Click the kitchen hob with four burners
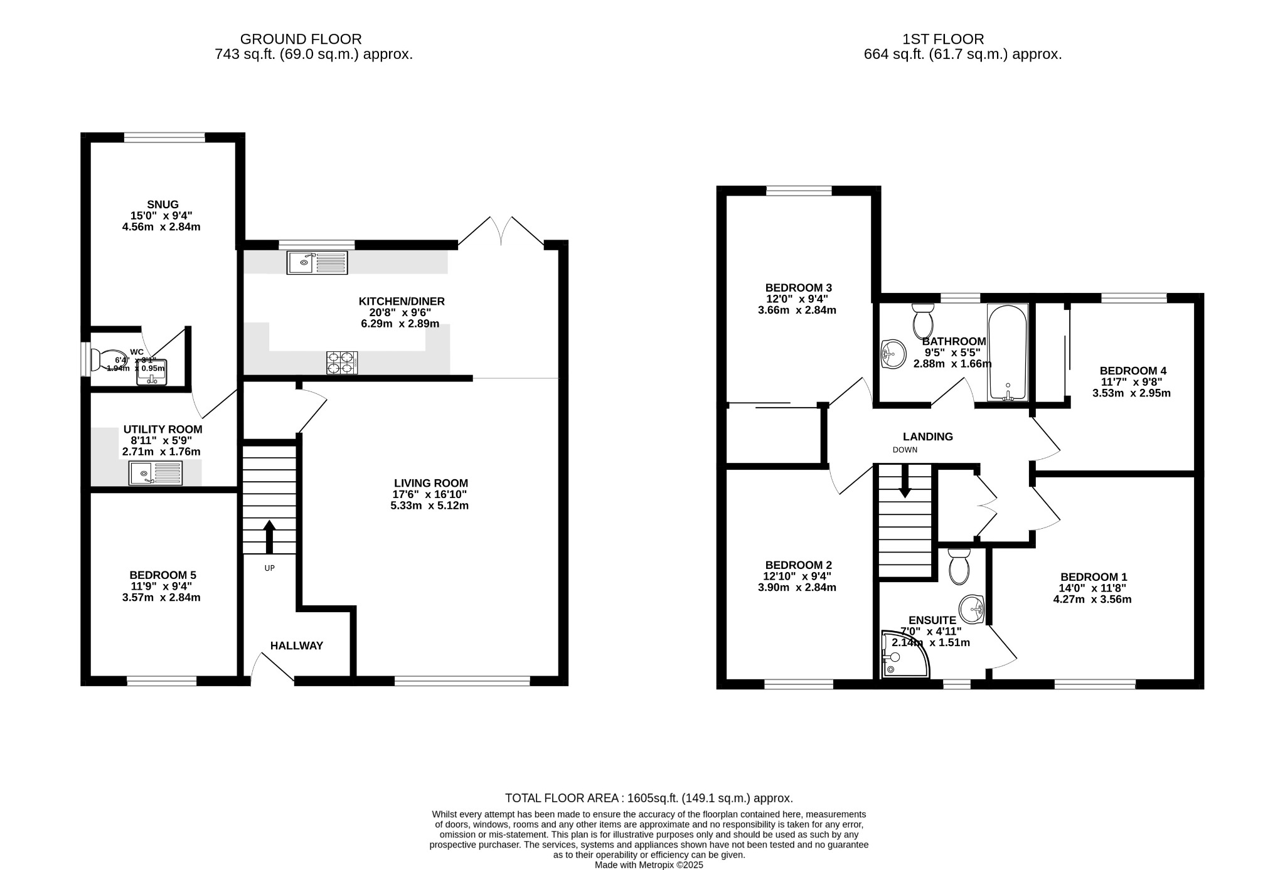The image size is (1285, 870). tap(342, 363)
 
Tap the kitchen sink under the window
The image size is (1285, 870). tap(317, 262)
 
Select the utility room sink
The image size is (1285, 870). tap(156, 473)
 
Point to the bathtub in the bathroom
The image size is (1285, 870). tap(1008, 352)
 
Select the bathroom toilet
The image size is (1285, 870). tap(923, 321)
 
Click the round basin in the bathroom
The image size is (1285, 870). tap(893, 354)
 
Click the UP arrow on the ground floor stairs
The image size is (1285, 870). tap(269, 536)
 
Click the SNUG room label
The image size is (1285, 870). tap(163, 204)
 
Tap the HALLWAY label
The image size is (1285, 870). tap(296, 645)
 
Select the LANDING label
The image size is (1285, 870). tap(927, 437)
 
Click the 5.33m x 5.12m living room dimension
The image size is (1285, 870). tap(429, 506)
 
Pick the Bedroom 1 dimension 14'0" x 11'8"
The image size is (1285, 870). tap(1092, 588)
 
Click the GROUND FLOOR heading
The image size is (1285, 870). tap(301, 40)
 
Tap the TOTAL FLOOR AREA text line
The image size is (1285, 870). tap(648, 798)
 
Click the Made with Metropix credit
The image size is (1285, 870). tap(648, 864)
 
